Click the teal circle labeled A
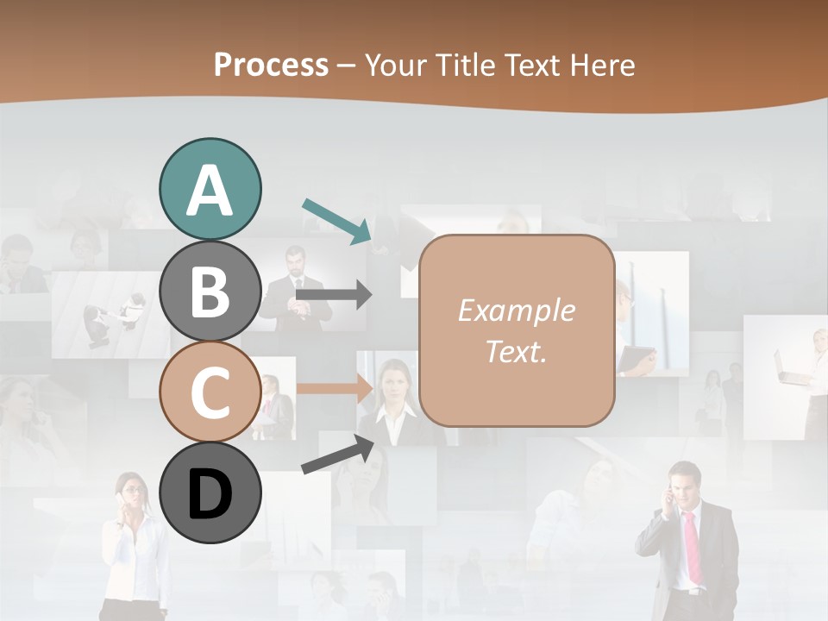(210, 189)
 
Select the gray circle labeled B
(210, 290)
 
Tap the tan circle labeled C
(210, 392)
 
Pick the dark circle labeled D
(210, 492)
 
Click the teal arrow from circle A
(337, 220)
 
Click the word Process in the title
(271, 65)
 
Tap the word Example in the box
(516, 310)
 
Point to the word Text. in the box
(516, 351)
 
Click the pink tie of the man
(693, 545)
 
